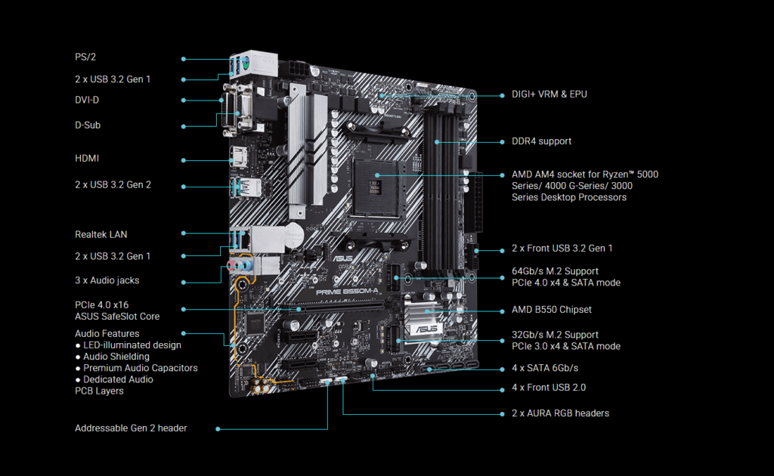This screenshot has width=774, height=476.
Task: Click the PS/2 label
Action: pyautogui.click(x=85, y=57)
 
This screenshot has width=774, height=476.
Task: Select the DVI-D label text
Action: pyautogui.click(x=87, y=100)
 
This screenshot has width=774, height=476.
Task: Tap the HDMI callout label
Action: pyautogui.click(x=87, y=159)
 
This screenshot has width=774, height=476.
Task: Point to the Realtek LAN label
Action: pyautogui.click(x=101, y=235)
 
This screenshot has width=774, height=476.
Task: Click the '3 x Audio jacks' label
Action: pyautogui.click(x=107, y=280)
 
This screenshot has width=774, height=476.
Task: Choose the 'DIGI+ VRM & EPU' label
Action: pyautogui.click(x=550, y=94)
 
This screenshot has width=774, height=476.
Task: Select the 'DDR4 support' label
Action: pyautogui.click(x=541, y=141)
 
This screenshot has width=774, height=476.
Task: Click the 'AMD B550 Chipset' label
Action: pyautogui.click(x=551, y=310)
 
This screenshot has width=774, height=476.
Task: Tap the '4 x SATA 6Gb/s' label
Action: pyautogui.click(x=545, y=368)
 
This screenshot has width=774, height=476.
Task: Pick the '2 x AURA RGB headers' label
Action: pyautogui.click(x=560, y=413)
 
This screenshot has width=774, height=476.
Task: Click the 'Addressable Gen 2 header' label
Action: pyautogui.click(x=131, y=428)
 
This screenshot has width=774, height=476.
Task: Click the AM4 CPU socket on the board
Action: pyautogui.click(x=376, y=188)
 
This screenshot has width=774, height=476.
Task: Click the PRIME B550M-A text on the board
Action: pyautogui.click(x=347, y=292)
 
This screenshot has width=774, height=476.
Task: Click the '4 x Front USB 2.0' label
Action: pyautogui.click(x=549, y=388)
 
